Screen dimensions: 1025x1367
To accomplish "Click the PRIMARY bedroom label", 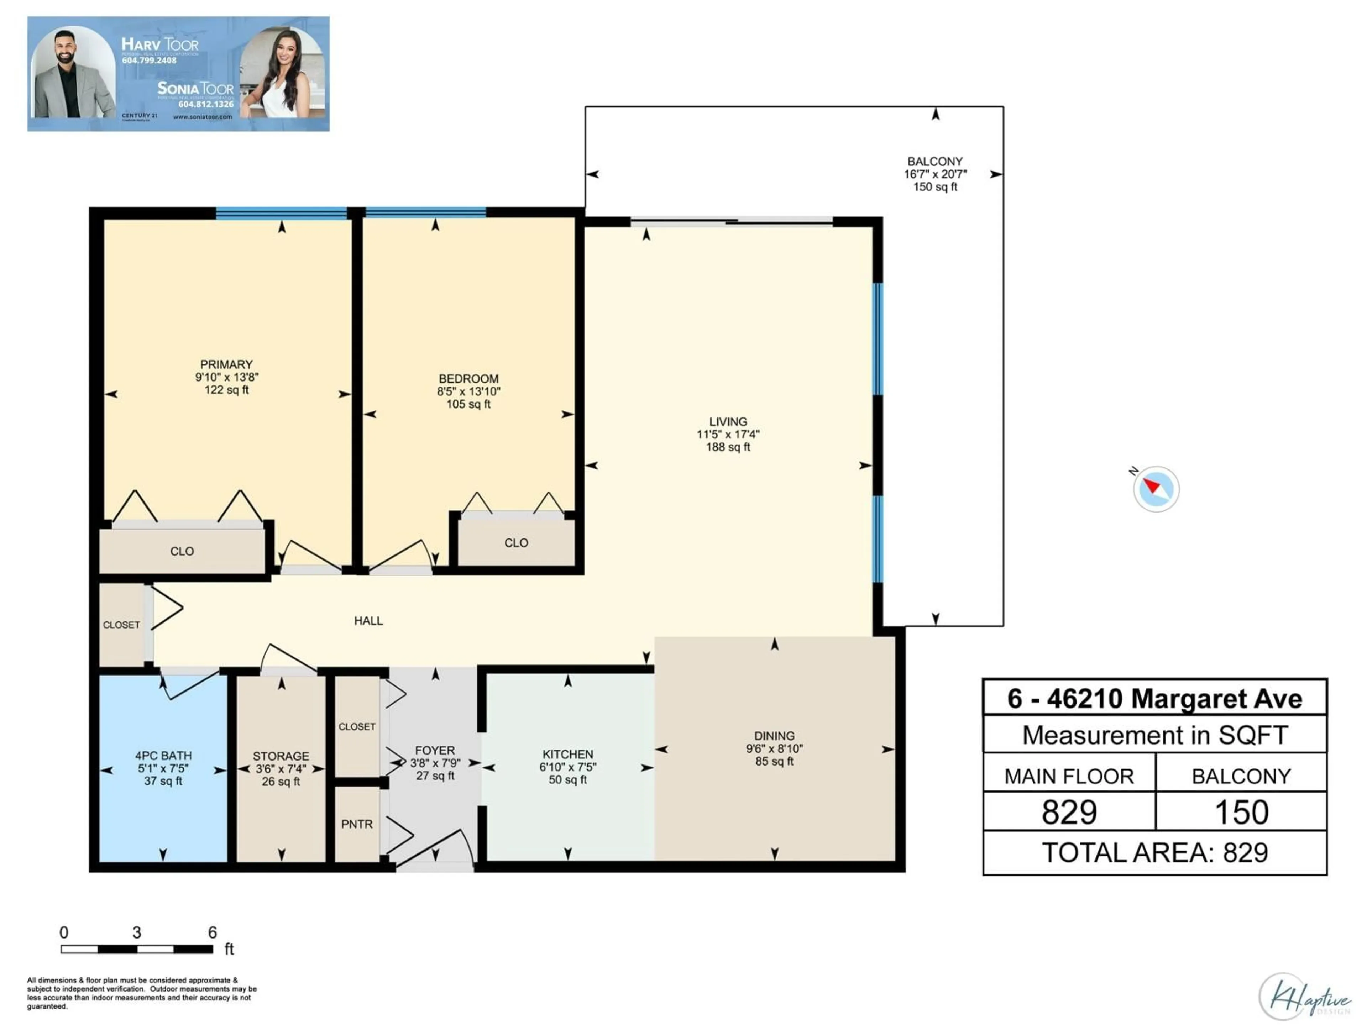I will [226, 364].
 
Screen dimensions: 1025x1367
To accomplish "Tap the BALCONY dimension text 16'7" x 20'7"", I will [935, 174].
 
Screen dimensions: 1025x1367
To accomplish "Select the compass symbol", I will [1156, 489].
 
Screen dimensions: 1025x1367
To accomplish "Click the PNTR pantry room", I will [357, 824].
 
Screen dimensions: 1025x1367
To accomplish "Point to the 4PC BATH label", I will [163, 756].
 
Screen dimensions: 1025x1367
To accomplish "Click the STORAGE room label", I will [281, 756].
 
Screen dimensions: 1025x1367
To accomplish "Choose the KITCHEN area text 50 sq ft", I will [567, 780].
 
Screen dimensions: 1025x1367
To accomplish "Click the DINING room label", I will [774, 736].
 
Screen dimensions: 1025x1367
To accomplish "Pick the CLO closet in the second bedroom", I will [516, 542].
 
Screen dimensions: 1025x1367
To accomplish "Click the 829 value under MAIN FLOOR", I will [1069, 812].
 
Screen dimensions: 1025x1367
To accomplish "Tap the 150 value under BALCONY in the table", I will [1241, 812].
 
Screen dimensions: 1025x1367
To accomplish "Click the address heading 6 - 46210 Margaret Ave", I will [1154, 699].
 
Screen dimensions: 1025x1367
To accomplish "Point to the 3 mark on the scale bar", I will [137, 932].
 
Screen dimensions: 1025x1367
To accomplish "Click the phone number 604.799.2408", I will [149, 61].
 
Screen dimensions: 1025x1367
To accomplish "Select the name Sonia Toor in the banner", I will [195, 88].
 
